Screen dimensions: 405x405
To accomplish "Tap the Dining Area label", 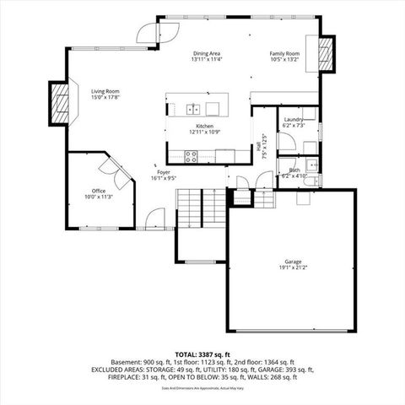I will point(207,52).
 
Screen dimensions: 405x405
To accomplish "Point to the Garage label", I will point(293,262).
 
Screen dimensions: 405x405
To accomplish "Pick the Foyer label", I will point(163,172).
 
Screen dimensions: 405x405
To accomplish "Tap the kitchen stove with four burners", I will point(192,155).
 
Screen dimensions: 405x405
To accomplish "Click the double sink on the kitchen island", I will point(193,108).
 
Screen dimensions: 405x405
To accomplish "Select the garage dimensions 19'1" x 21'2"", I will point(293,267).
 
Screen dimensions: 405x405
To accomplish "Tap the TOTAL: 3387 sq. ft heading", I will point(202,354).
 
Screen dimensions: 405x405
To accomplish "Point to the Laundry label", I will point(294,120).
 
